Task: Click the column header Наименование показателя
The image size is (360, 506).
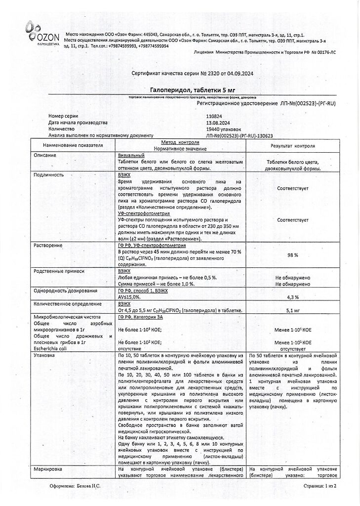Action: [x=73, y=146]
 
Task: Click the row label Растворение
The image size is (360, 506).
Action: [x=48, y=245]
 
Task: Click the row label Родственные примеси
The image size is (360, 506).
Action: [x=59, y=271]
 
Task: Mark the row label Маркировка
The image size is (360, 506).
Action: [x=48, y=468]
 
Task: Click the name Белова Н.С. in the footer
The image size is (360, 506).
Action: [x=89, y=486]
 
